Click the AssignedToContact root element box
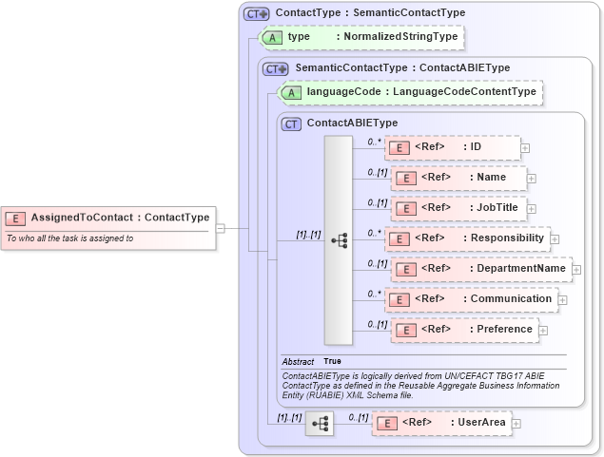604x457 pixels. [x=107, y=218]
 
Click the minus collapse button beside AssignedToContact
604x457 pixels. [x=220, y=228]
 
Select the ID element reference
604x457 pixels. [x=452, y=147]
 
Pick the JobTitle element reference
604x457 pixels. [x=458, y=207]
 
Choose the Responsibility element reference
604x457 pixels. [x=467, y=238]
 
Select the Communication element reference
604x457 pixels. [x=471, y=299]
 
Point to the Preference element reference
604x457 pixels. [x=461, y=330]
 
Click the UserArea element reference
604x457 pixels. [x=440, y=422]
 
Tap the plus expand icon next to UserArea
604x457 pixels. [x=516, y=423]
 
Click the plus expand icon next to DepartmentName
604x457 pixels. [x=576, y=270]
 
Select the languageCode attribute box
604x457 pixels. [x=410, y=92]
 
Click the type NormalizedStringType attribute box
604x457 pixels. [x=362, y=37]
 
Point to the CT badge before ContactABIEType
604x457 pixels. [x=291, y=124]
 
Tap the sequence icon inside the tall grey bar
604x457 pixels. [x=339, y=240]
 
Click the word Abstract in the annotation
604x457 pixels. [x=299, y=362]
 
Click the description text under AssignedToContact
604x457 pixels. [x=70, y=238]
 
